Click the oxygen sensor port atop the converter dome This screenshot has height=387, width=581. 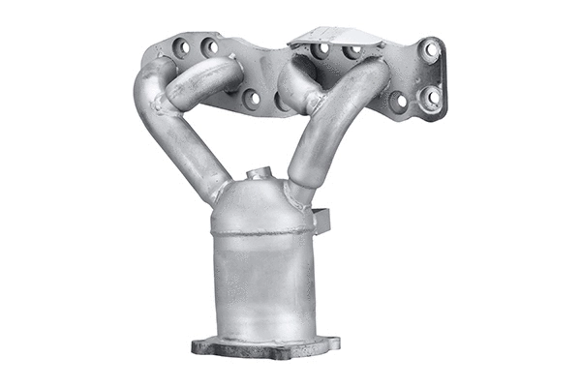pos(257,174)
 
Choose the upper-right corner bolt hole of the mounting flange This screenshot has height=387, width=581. pos(430,48)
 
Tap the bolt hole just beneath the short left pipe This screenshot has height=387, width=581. pos(251,97)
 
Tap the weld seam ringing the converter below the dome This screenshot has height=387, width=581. pos(262,232)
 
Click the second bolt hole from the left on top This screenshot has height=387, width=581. pos(209,45)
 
